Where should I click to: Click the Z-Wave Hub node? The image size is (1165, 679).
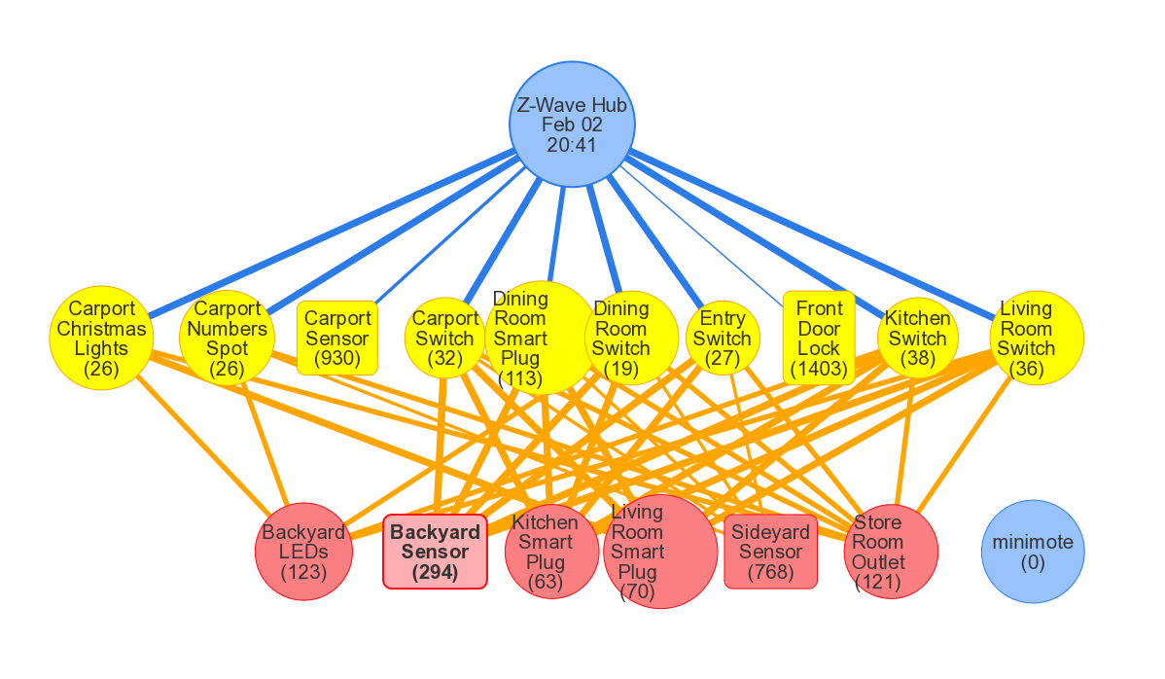pos(572,125)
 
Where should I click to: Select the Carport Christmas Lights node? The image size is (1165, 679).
pos(101,338)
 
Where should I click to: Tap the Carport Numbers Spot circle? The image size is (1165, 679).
pos(227,338)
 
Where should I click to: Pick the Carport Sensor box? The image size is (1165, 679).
pos(337,338)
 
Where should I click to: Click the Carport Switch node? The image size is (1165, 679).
pos(445,338)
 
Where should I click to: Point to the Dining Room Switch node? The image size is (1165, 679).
pos(632,338)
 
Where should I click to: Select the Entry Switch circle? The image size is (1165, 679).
pos(722,338)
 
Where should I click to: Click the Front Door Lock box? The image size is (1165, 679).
pos(819,338)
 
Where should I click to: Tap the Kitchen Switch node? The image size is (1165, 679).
pos(917,338)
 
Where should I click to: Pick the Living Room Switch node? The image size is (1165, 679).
pos(1036,338)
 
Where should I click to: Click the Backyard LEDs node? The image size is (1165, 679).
pos(303,552)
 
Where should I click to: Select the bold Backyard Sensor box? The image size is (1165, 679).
pos(435,553)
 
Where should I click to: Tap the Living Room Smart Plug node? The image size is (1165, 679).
pos(660,552)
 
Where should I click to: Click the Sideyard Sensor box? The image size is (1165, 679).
pos(770,552)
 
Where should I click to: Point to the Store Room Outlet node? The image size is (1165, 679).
pos(890,552)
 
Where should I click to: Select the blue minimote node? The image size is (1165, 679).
pos(1033,552)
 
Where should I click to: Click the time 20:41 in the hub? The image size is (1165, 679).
pos(572,145)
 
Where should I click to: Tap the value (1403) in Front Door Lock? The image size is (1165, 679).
pos(819,369)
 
